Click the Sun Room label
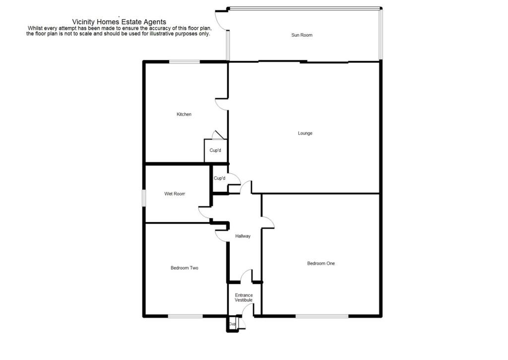pyautogui.click(x=302, y=35)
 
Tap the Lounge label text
pyautogui.click(x=305, y=133)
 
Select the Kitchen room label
pyautogui.click(x=184, y=114)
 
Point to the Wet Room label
pyautogui.click(x=175, y=194)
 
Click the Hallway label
pyautogui.click(x=243, y=236)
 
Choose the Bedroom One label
pyautogui.click(x=320, y=263)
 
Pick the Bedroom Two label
pyautogui.click(x=185, y=268)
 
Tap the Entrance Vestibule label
pyautogui.click(x=244, y=297)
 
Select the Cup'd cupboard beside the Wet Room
pyautogui.click(x=219, y=178)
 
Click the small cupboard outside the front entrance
pyautogui.click(x=232, y=324)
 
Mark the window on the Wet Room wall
pyautogui.click(x=144, y=197)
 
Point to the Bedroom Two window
pyautogui.click(x=185, y=316)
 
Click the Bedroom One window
pyautogui.click(x=321, y=316)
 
